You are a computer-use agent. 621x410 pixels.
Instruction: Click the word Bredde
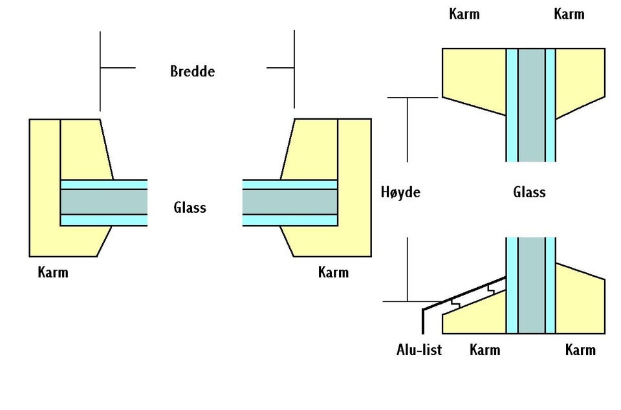coord(192,71)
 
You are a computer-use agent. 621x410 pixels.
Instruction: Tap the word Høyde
coord(401,192)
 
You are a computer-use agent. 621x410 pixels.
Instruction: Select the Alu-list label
coord(419,350)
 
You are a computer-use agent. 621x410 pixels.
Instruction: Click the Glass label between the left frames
coord(190,208)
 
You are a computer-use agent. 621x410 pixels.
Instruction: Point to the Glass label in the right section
coord(529,192)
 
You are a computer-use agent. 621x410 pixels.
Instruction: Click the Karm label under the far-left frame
coord(53,272)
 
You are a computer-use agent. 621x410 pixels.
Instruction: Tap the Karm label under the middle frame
coord(333,272)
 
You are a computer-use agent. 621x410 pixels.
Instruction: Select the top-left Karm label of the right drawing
coord(464,14)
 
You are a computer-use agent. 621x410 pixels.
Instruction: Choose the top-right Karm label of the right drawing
coord(569,14)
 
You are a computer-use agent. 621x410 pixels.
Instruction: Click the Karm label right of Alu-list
coord(485,350)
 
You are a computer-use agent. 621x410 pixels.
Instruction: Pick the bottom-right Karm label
coord(580,350)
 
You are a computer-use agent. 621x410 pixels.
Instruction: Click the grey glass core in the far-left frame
coord(103,202)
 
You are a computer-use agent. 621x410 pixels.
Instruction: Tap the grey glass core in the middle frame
coord(290,202)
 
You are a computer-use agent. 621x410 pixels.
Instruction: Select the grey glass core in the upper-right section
coord(531,103)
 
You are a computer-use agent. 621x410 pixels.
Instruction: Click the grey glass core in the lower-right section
coord(531,285)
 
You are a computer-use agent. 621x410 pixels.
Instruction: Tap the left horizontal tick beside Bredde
coord(118,67)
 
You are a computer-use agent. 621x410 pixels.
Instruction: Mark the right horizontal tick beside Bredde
coord(280,67)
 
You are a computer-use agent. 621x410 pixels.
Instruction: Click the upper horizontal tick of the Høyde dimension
coord(414,98)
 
